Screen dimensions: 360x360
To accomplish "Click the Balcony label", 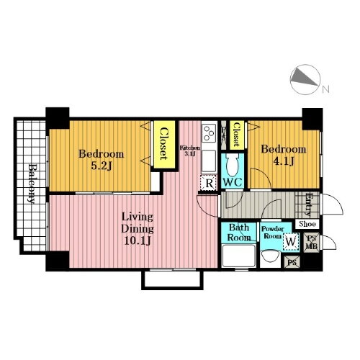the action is point(32,184).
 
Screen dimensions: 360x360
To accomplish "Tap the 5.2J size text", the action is point(102,166).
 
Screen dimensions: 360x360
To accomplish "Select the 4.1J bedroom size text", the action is point(284,161).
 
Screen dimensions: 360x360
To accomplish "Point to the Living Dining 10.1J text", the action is point(138,229).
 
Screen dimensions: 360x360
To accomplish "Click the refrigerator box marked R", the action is point(210,183).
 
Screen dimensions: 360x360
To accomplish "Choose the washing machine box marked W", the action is point(291,242).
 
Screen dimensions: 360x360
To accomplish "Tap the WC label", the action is point(233,182).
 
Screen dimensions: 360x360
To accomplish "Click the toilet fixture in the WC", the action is point(233,164).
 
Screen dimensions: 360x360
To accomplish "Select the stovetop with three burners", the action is point(209,132).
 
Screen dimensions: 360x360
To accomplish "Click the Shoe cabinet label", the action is point(307,224).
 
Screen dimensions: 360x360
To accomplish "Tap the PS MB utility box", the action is point(311,243).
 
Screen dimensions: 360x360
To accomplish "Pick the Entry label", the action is point(309,204).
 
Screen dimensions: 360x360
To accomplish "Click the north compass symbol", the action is point(305,79).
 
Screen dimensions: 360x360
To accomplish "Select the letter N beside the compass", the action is point(325,89).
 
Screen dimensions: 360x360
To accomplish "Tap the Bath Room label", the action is point(239,233).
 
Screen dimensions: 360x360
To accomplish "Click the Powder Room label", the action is point(272,232).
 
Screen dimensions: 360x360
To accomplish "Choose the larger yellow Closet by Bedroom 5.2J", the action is point(164,144).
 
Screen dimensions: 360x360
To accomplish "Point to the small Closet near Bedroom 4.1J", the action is point(237,135).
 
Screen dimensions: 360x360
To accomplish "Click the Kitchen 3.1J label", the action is point(190,150).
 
